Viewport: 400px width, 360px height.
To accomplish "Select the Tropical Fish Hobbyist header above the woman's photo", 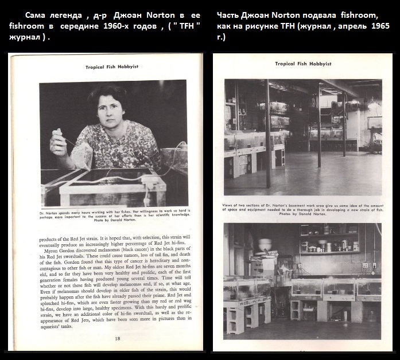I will pyautogui.click(x=112, y=67).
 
